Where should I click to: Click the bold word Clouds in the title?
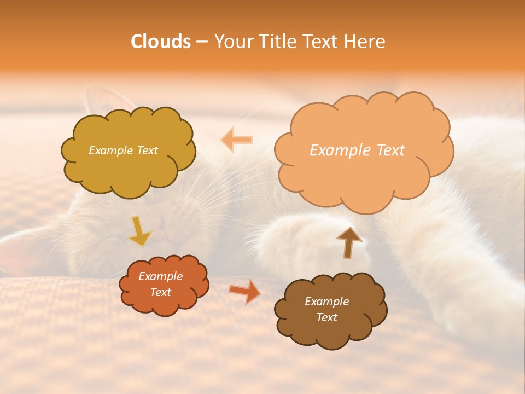click(x=160, y=42)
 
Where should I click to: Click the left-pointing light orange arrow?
click(x=237, y=140)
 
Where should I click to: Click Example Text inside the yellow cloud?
click(x=123, y=150)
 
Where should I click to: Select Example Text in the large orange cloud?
click(x=357, y=150)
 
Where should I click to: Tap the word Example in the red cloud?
click(x=160, y=276)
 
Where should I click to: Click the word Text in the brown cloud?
click(x=326, y=317)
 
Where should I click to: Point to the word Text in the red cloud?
click(x=160, y=292)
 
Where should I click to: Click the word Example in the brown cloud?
click(x=326, y=302)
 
